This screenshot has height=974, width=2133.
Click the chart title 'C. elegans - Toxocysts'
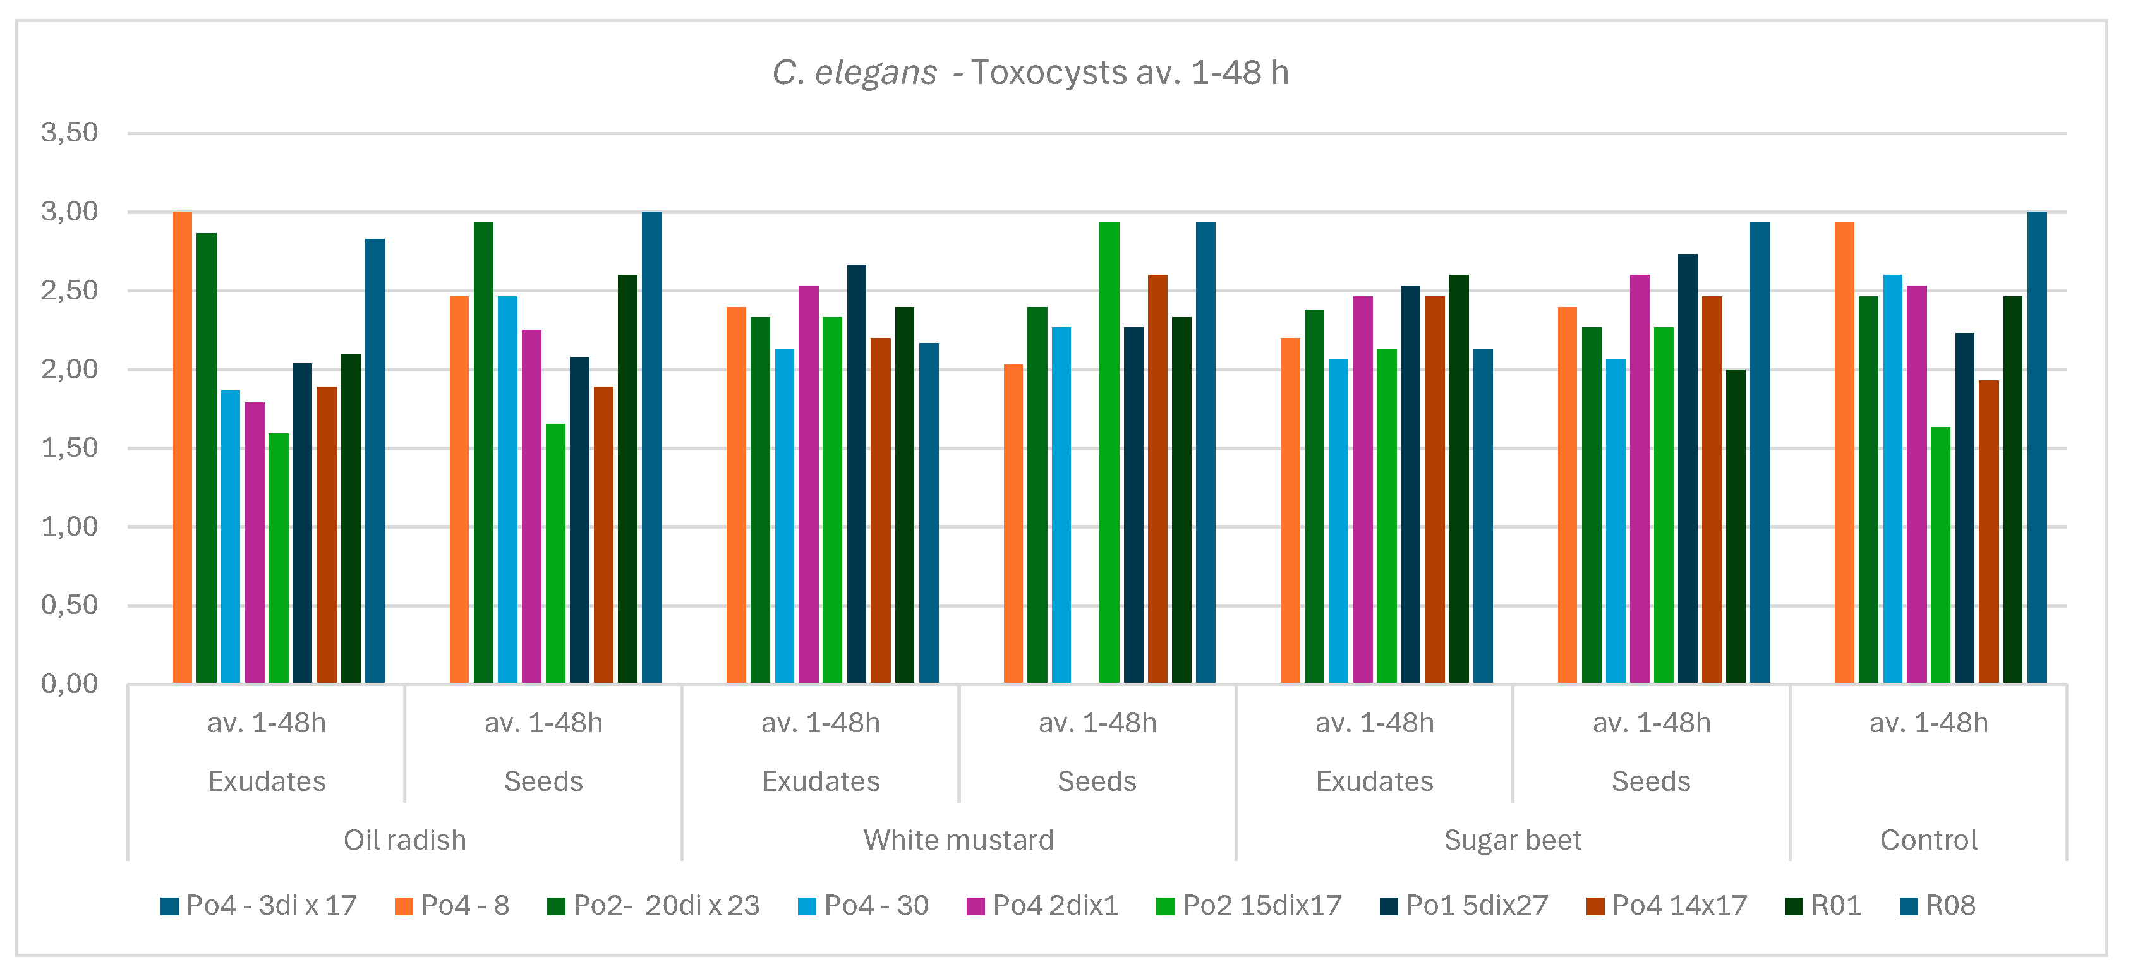1029,73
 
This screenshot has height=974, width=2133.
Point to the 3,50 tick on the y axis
69,133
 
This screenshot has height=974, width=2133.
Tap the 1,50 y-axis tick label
69,448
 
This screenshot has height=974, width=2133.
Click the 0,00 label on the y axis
69,683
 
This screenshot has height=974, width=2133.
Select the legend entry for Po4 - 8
452,905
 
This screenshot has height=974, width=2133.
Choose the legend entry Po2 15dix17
1248,905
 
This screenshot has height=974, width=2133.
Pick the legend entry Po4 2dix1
1042,905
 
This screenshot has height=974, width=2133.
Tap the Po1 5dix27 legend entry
1463,905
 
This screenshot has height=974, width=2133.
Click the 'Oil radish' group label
405,840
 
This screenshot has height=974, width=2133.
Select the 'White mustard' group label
959,840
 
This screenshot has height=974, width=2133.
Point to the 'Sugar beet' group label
1513,840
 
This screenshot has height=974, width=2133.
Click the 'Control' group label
1928,840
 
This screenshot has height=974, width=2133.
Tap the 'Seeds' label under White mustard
1097,781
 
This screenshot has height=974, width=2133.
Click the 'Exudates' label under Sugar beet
1375,781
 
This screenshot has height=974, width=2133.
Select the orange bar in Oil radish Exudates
182,447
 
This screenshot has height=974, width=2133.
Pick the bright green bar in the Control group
1940,555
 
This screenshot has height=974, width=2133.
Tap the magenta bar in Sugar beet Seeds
1640,479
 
